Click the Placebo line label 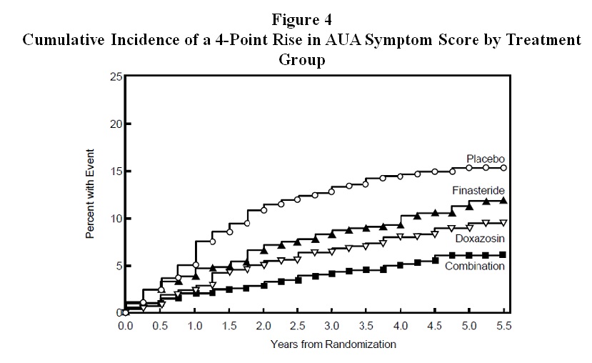[486, 158]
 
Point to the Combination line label [475, 266]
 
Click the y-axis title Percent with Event [91, 194]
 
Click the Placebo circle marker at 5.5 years [503, 168]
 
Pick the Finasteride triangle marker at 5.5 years [503, 201]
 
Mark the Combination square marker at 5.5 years [503, 254]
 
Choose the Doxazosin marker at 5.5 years [503, 223]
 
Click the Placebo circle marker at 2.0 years [264, 210]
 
